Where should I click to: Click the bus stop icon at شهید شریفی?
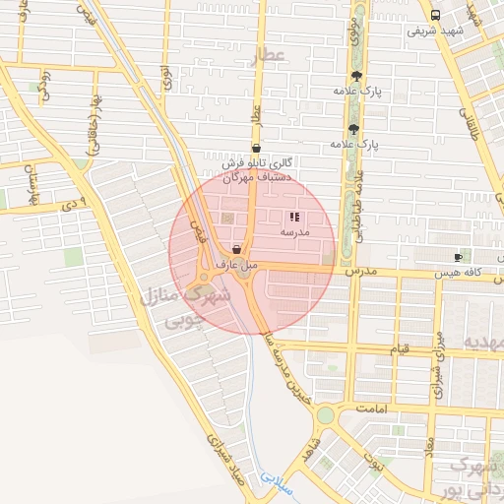(436, 15)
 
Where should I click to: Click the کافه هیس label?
(466, 271)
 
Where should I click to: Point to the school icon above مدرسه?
(294, 217)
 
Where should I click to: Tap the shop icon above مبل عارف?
(236, 249)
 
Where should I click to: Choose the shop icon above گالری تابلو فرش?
(256, 149)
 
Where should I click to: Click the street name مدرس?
(361, 269)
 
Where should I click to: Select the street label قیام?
(400, 349)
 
